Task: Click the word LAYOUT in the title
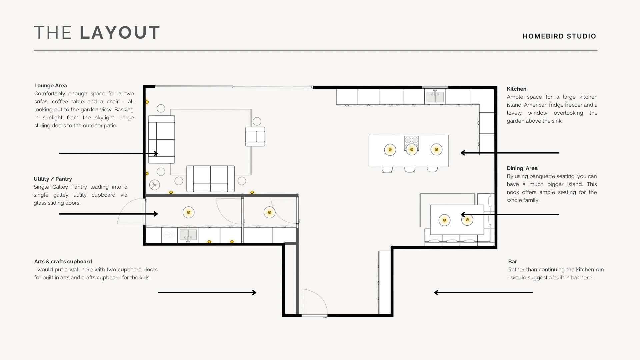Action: (120, 33)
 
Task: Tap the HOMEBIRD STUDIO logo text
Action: (559, 36)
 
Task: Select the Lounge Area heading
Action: (51, 86)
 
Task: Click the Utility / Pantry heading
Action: (53, 179)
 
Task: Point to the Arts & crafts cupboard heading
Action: (63, 262)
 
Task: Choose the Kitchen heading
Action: (517, 89)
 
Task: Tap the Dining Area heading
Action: (522, 168)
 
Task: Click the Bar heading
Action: (513, 262)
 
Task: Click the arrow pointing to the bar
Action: (483, 293)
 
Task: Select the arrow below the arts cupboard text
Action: (207, 293)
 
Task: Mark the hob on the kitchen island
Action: (411, 143)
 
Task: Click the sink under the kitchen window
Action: (435, 97)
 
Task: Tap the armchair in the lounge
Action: (255, 136)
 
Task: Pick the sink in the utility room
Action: (188, 235)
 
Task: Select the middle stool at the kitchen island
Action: (410, 170)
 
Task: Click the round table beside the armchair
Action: (257, 121)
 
